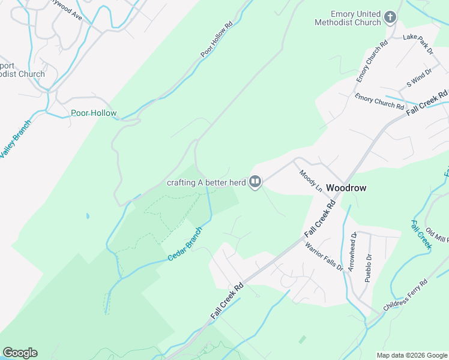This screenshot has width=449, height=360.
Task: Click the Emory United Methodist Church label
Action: point(348,18)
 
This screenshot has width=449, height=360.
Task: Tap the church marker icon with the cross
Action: point(390,17)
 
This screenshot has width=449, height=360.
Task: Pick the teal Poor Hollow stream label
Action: point(94,113)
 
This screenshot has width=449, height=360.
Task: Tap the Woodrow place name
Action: point(346,187)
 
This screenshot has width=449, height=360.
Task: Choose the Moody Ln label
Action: point(311,181)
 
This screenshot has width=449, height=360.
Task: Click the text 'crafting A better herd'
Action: point(206,183)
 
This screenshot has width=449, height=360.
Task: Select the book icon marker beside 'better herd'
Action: point(255,181)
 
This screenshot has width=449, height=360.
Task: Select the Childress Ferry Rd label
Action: point(406,295)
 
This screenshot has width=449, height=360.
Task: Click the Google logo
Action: point(20,353)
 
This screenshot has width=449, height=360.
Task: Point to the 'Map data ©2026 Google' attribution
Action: point(411,355)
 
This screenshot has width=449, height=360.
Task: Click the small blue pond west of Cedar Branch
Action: point(88,215)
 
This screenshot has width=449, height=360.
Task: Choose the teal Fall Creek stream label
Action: point(421,235)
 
